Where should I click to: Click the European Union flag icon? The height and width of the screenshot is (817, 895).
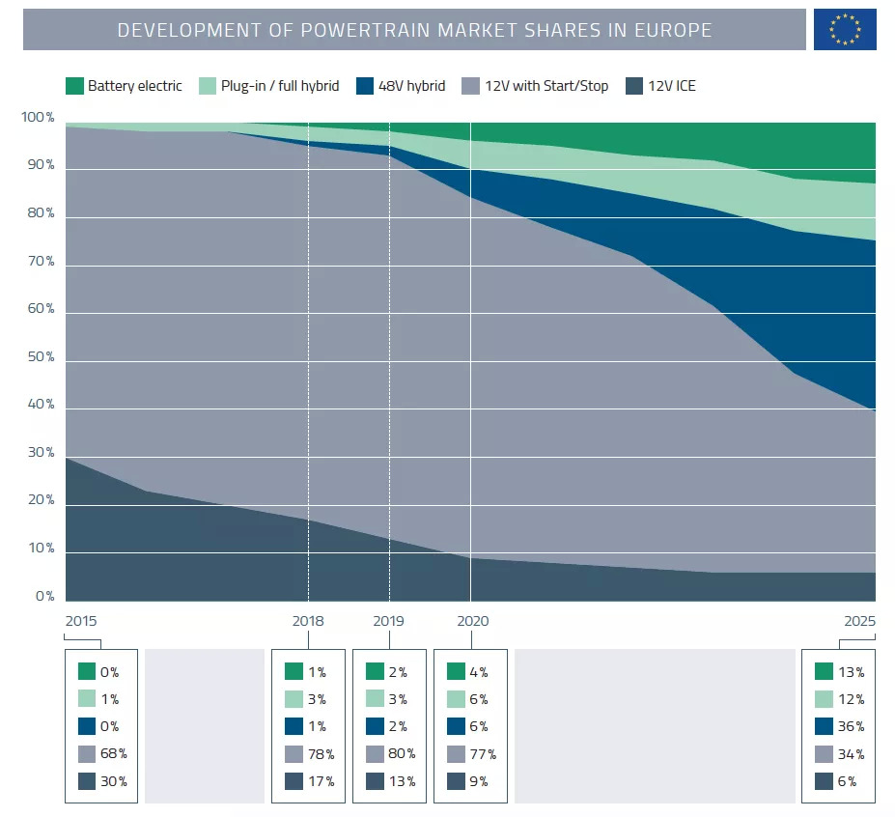pos(845,30)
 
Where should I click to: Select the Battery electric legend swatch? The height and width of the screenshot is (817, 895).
pos(74,86)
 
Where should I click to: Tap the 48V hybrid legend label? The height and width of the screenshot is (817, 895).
pos(412,86)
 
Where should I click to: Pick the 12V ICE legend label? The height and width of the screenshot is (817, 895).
pos(672,86)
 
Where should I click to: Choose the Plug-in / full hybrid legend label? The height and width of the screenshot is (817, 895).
pos(280,86)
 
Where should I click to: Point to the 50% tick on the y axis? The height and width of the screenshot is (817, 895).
pos(39,357)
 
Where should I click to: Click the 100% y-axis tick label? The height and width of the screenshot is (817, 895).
pos(39,118)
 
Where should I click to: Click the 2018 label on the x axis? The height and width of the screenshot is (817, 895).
pos(308,621)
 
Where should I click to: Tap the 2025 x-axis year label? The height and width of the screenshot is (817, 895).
pos(858,621)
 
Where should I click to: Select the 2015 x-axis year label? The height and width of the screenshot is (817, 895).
pos(81,621)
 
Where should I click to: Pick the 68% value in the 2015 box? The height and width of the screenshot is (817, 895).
pos(114,753)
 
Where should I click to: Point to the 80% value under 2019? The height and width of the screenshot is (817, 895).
pos(403,753)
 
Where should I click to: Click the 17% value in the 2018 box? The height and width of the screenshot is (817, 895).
pos(322,781)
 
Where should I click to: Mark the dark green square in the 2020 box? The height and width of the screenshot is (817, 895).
pos(454,671)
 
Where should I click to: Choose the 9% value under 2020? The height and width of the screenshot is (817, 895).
pos(480,781)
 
